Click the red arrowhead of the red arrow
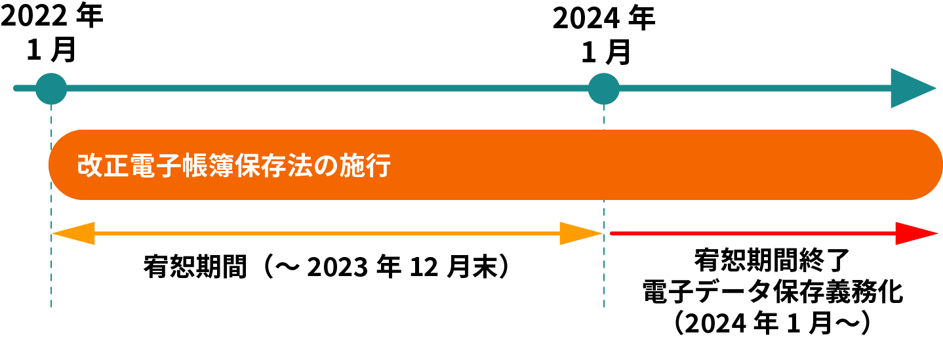point(916,233)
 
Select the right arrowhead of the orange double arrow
point(580,233)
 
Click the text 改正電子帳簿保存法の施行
point(234,165)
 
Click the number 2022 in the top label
point(33,17)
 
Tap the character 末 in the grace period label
point(483,268)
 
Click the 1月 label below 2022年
point(50,50)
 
